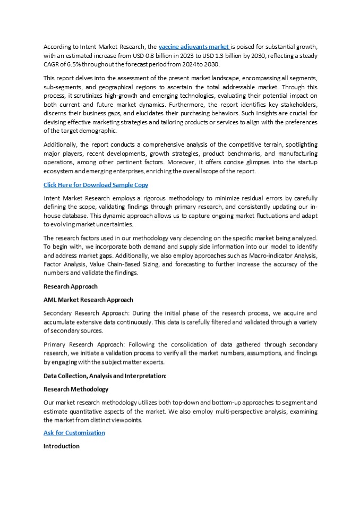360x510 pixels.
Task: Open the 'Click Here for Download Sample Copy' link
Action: pyautogui.click(x=96, y=185)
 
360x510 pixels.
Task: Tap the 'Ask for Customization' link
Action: pyautogui.click(x=74, y=433)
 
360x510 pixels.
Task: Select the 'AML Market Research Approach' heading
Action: pyautogui.click(x=88, y=300)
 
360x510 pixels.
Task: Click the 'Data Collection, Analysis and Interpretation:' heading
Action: pyautogui.click(x=105, y=376)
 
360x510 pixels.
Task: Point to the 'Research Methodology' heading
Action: pyautogui.click(x=75, y=389)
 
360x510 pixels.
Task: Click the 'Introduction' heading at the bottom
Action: pyautogui.click(x=61, y=446)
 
